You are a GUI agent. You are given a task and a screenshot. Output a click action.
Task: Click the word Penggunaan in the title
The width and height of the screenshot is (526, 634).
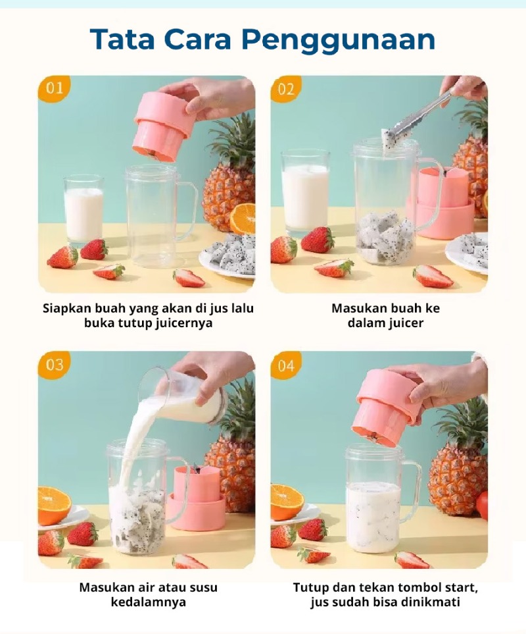[x=339, y=40]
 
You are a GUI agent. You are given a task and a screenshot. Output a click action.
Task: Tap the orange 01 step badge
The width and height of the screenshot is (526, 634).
[x=54, y=89]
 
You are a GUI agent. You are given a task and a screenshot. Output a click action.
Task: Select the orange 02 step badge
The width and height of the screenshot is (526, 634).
[x=286, y=89]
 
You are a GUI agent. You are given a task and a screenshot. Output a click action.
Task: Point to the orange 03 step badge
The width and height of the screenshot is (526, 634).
[x=54, y=365]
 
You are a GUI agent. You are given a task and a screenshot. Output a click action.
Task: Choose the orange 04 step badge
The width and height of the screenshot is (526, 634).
[x=286, y=365]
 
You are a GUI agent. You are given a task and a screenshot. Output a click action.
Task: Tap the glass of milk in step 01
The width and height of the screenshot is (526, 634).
[x=84, y=210]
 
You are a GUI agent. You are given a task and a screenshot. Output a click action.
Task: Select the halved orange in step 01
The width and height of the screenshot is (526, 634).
[x=243, y=219]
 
